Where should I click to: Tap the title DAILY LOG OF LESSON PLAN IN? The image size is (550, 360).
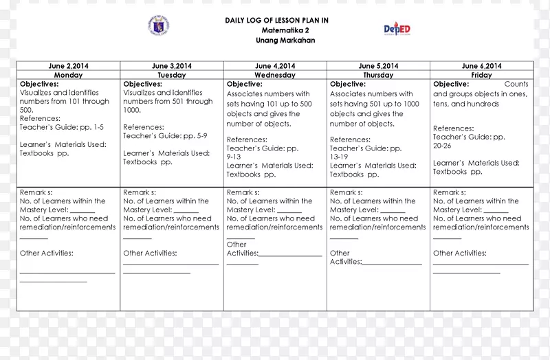coord(276,21)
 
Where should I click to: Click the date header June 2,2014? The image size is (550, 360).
coord(68,66)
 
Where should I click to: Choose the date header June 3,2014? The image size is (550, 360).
coord(171,66)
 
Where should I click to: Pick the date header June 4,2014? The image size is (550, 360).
coord(275,66)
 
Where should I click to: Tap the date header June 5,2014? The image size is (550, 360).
coord(378,66)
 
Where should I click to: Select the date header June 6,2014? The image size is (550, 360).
coord(482,66)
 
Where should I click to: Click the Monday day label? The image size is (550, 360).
coord(68,75)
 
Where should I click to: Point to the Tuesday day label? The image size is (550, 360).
coord(171,75)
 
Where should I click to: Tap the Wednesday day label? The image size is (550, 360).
coord(275,75)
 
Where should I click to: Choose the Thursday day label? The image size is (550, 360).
coord(378,75)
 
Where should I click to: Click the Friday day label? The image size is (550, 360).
coord(482,75)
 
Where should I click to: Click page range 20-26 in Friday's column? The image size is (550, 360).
coord(443,146)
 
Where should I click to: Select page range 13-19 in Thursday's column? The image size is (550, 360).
coord(340,157)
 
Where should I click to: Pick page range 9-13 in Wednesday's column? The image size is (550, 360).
coord(235,157)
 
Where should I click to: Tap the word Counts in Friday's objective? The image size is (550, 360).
coord(516,84)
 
